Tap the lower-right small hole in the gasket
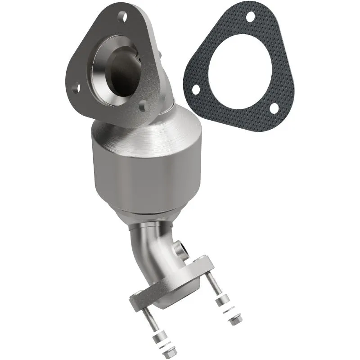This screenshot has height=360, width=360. (273, 108)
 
